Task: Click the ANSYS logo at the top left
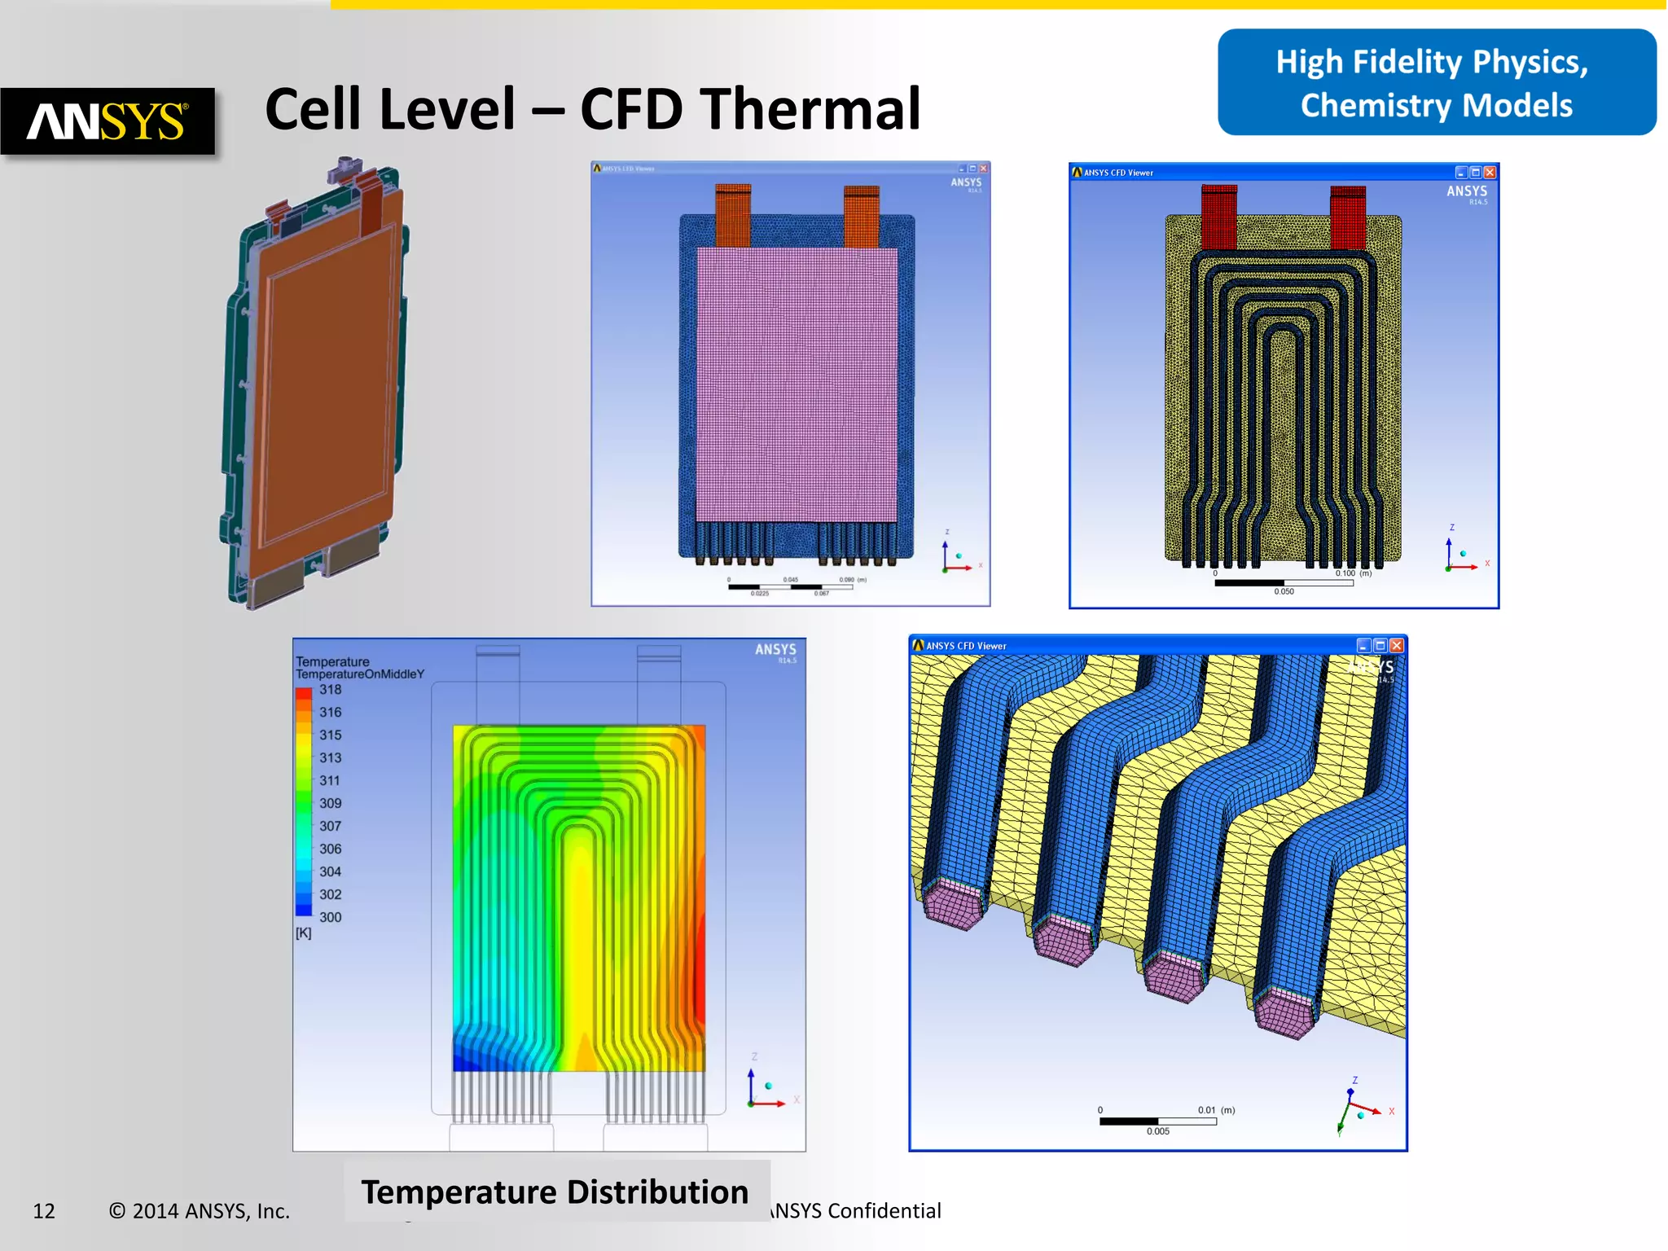108,121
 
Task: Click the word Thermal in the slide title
810,109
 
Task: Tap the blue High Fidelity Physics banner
1436,83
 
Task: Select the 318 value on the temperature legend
330,690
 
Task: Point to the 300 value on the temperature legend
330,917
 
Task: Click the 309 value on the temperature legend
330,803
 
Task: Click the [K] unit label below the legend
303,933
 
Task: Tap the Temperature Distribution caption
555,1192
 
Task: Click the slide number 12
44,1211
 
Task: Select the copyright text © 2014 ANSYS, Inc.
200,1211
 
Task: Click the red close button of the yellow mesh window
1490,173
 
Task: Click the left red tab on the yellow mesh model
1218,217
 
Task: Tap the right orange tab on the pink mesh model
862,217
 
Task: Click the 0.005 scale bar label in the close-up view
1157,1131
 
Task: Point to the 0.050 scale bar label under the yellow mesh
1284,591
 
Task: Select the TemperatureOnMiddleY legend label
360,674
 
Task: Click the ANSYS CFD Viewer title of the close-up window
966,646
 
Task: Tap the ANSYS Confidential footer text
856,1211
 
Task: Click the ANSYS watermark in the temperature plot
775,650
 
